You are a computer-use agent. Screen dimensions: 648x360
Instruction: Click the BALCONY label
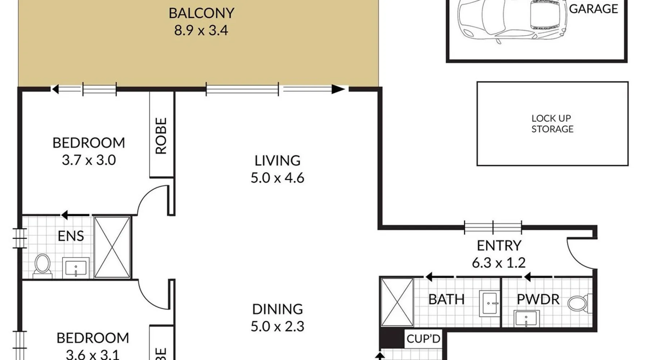[201, 13]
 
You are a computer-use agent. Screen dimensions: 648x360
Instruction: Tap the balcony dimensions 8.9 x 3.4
[201, 30]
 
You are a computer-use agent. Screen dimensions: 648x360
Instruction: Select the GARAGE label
[593, 9]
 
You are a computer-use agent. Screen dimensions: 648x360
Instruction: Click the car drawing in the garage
[512, 20]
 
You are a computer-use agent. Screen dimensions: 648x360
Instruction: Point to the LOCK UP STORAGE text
[552, 123]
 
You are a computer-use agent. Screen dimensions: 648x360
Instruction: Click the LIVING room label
[277, 161]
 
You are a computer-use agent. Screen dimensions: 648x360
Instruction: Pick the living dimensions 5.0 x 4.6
[277, 178]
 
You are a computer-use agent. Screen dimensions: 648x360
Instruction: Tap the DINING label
[277, 309]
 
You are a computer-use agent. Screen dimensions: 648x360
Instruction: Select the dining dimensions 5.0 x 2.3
[277, 327]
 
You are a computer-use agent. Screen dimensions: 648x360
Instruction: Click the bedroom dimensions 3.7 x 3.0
[89, 160]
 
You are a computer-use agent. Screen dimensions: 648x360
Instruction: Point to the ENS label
[71, 236]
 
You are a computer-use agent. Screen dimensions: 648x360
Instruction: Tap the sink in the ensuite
[76, 268]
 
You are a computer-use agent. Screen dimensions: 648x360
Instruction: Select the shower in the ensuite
[112, 247]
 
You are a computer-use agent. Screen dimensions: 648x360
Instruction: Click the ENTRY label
[499, 246]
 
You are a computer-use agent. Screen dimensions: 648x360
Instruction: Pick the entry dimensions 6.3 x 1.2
[499, 263]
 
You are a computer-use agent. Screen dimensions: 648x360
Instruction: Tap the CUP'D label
[423, 339]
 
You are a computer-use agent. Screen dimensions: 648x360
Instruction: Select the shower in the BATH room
[397, 302]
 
